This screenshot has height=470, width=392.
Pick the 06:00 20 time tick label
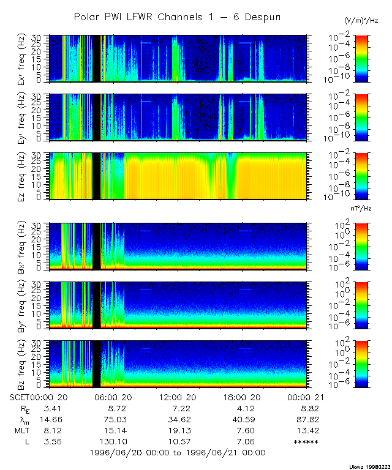coord(116,397)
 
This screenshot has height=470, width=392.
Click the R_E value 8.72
coord(116,408)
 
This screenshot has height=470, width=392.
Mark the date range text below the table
coord(178,453)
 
